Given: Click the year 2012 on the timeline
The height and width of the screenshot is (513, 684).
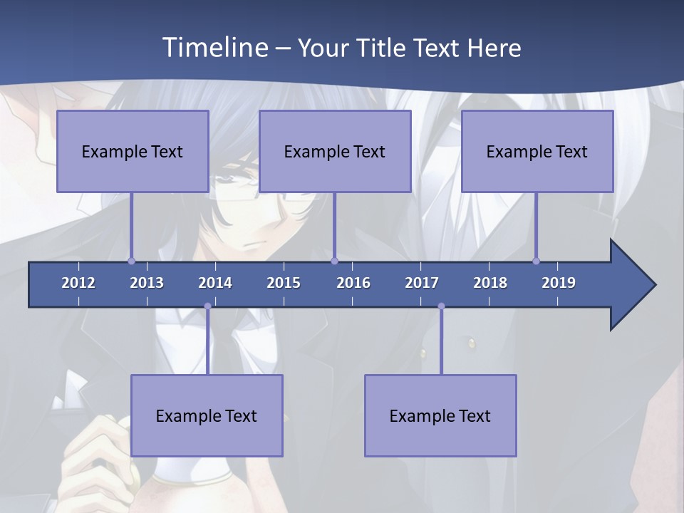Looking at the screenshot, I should pyautogui.click(x=78, y=283).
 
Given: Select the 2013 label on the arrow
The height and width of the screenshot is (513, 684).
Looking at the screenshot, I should pyautogui.click(x=147, y=283).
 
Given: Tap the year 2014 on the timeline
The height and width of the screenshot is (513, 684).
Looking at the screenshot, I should pyautogui.click(x=215, y=283).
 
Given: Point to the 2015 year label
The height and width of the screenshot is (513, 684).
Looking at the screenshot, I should pyautogui.click(x=284, y=283).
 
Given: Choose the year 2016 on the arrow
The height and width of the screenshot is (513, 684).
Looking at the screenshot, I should pyautogui.click(x=353, y=283).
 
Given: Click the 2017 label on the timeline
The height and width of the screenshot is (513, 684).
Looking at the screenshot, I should pyautogui.click(x=422, y=283).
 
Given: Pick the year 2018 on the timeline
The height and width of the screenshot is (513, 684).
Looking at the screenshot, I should pyautogui.click(x=490, y=283).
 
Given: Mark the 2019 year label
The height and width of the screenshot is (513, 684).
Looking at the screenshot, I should pyautogui.click(x=559, y=283).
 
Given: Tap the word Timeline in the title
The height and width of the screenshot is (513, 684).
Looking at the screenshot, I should pyautogui.click(x=214, y=47).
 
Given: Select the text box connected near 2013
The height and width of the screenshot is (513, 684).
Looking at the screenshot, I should pyautogui.click(x=133, y=151).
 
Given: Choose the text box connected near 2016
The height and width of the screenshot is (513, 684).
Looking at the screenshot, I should pyautogui.click(x=335, y=151).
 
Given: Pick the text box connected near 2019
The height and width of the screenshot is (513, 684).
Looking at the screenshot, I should pyautogui.click(x=537, y=151).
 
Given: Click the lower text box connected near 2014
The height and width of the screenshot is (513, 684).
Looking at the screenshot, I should pyautogui.click(x=207, y=415).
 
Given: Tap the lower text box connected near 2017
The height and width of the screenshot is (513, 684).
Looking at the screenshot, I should pyautogui.click(x=440, y=415).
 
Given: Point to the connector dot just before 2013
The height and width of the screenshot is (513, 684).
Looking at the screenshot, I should pyautogui.click(x=131, y=261).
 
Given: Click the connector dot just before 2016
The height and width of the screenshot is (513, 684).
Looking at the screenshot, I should pyautogui.click(x=334, y=261).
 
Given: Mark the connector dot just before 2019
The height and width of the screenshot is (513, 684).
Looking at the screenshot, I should pyautogui.click(x=536, y=261).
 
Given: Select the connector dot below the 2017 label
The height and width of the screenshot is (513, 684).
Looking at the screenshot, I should pyautogui.click(x=441, y=306).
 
